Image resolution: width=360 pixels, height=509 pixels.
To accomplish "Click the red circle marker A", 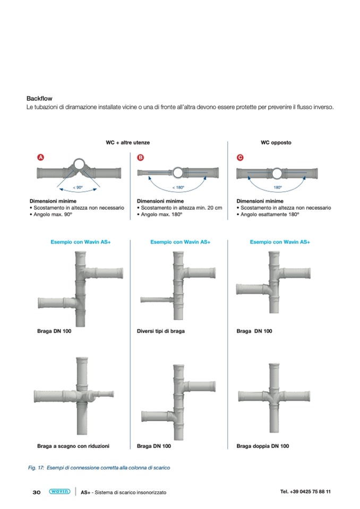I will tap(40, 158).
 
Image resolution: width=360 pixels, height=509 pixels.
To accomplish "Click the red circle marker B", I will tap(141, 158).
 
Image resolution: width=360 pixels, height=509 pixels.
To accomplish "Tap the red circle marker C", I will tap(240, 158).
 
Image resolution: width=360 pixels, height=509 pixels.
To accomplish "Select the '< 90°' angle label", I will tap(78, 187).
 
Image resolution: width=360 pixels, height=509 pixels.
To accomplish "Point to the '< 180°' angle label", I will tap(178, 187).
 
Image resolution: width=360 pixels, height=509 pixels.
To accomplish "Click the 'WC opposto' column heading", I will tap(276, 143).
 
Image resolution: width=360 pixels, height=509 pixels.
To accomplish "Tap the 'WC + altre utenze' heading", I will tap(128, 143).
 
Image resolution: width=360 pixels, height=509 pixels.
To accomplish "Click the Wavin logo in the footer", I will tap(59, 491).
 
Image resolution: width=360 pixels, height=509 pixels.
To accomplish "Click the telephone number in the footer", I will tap(305, 491).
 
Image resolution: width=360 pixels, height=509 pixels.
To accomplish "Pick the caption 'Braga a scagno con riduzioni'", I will tap(73, 446).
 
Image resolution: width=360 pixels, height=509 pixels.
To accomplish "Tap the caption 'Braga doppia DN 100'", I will tap(263, 446).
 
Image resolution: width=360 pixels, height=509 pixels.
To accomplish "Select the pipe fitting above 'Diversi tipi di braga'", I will tap(175, 287).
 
